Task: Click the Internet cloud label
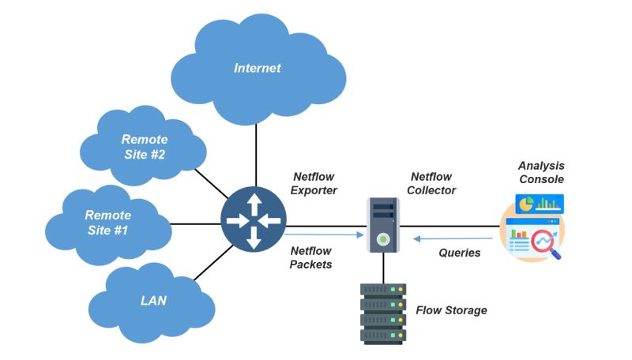click(257, 68)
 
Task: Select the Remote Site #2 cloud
click(144, 147)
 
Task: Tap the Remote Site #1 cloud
click(108, 222)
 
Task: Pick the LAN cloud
click(153, 301)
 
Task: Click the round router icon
click(254, 222)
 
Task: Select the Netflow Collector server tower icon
click(383, 225)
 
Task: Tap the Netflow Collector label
click(433, 183)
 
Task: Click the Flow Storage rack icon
click(383, 313)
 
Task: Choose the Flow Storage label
click(451, 310)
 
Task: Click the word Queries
click(459, 253)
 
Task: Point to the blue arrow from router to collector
click(324, 234)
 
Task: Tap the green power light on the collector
click(383, 238)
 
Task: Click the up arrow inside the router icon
click(254, 205)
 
